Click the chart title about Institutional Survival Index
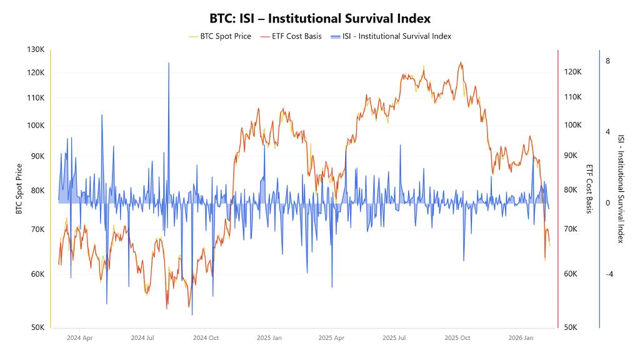320,19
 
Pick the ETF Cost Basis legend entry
296,36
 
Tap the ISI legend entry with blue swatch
397,36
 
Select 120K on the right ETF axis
574,72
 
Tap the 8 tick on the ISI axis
607,61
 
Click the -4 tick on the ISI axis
609,274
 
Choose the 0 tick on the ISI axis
607,203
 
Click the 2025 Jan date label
269,338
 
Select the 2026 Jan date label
520,338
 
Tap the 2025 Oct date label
457,338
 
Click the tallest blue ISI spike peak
169,64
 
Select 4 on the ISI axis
607,132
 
